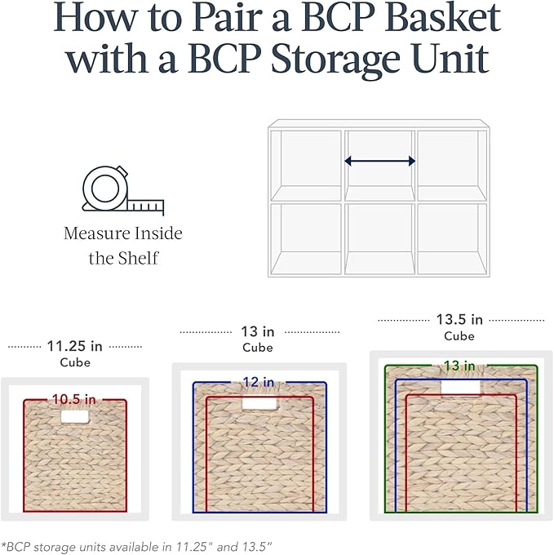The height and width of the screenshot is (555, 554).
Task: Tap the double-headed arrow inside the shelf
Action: tap(379, 162)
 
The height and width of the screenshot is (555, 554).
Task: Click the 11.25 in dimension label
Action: tap(74, 345)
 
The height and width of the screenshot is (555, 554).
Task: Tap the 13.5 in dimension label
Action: tap(459, 319)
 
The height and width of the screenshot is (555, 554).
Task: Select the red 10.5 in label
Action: tap(74, 399)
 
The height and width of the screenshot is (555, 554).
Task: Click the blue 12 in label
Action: tap(259, 382)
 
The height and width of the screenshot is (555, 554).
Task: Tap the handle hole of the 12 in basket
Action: tap(257, 404)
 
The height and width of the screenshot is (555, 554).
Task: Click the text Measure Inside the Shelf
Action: tap(123, 246)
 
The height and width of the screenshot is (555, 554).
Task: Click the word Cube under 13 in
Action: tap(258, 348)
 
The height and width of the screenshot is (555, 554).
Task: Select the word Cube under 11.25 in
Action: tap(75, 362)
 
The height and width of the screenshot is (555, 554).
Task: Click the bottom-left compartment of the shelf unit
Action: tap(305, 238)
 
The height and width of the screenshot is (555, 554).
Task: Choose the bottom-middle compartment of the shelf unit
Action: tap(379, 238)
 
